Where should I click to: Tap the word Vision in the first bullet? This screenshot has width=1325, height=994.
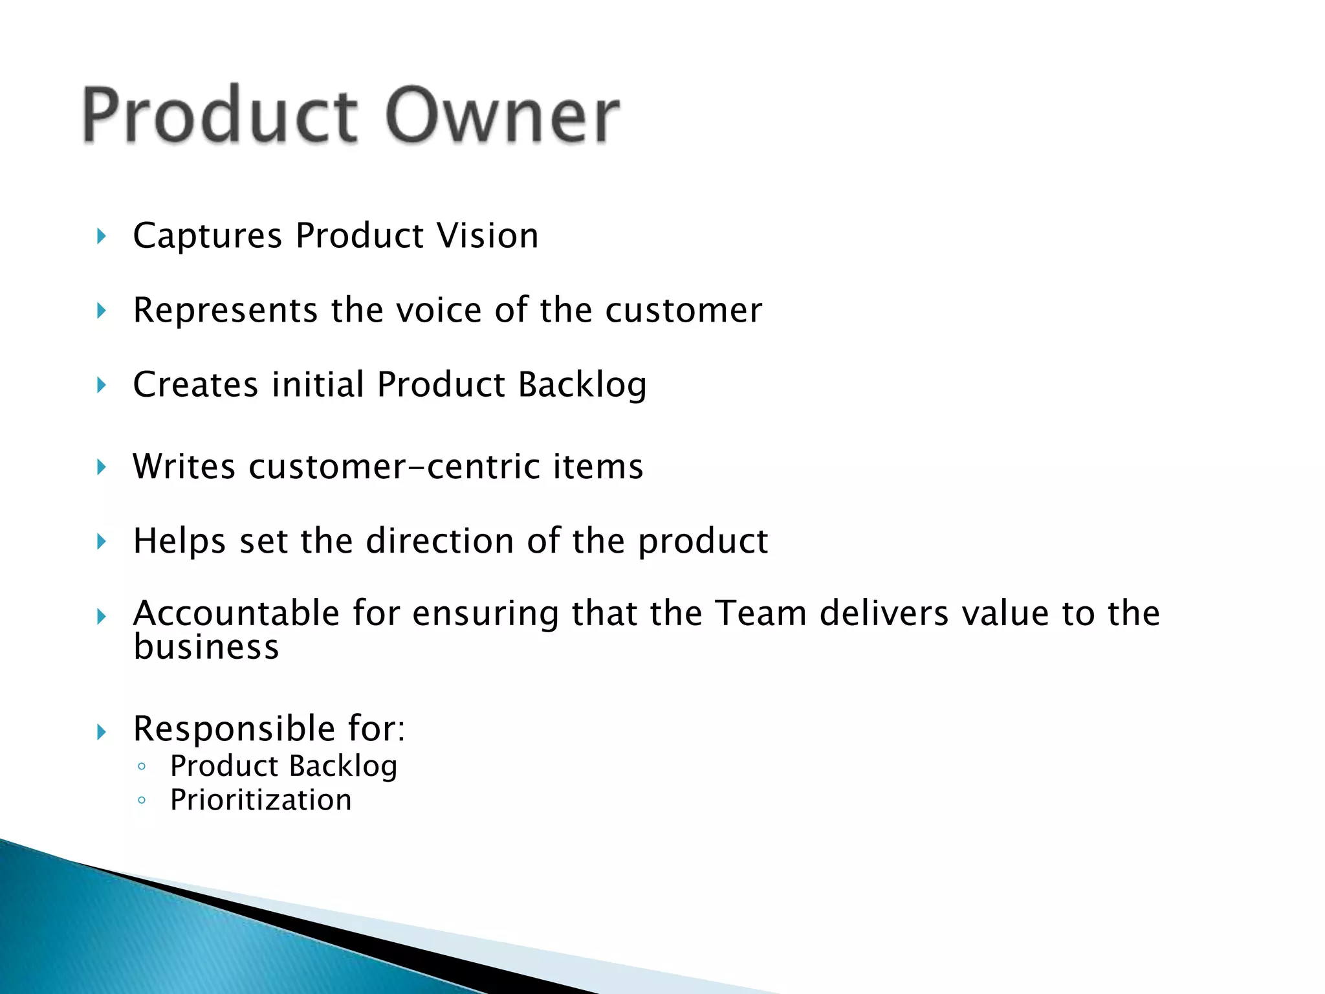487,236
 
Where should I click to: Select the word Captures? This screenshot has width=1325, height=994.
207,236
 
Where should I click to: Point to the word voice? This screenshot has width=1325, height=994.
439,310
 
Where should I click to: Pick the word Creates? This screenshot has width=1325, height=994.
195,384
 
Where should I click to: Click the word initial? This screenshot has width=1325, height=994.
318,384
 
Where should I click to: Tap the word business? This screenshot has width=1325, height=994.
206,647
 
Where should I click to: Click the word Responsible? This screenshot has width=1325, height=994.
234,729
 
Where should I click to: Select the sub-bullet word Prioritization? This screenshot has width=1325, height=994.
261,800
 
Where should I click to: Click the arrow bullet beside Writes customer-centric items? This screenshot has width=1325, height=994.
101,467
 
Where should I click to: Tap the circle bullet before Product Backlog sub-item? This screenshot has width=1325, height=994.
142,767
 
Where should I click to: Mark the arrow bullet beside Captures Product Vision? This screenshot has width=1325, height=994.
101,236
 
